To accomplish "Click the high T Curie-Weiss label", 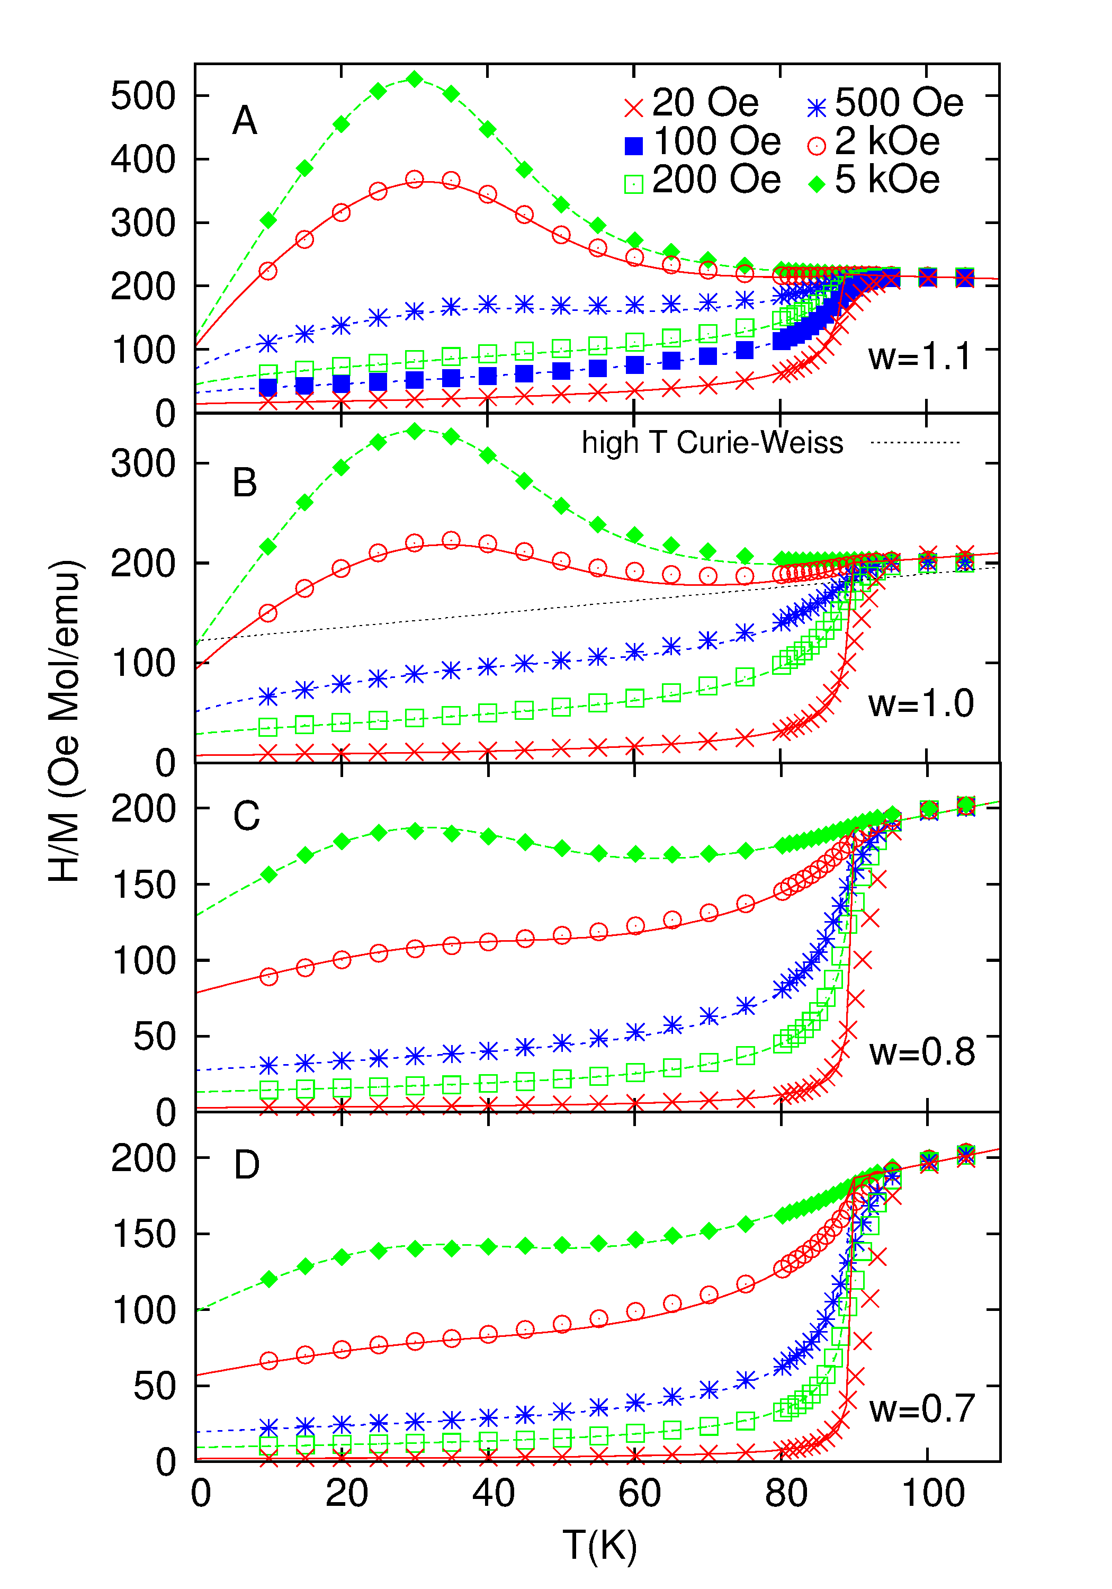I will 712,442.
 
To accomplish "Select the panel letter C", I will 246,816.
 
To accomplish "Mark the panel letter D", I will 246,1165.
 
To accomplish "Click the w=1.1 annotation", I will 920,356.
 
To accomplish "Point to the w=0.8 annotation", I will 922,1052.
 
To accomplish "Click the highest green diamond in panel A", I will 415,79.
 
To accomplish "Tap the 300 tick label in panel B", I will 144,463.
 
